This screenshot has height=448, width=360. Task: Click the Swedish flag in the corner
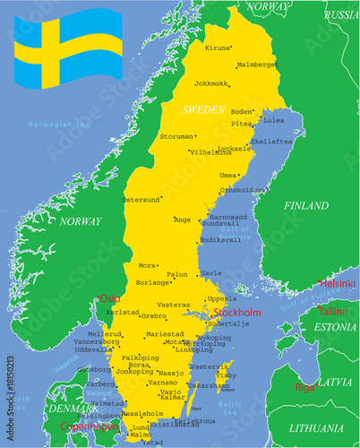tap(68, 50)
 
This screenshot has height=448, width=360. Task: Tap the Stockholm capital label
tap(237, 313)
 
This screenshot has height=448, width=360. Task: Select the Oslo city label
tap(109, 298)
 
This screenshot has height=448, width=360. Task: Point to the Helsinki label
tap(337, 283)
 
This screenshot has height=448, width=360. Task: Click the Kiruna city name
tap(217, 47)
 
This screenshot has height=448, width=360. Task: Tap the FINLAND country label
tap(306, 205)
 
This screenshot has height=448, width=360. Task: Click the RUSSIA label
tap(340, 15)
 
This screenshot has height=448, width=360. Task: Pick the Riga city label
tap(304, 387)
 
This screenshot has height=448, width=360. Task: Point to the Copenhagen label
tap(90, 426)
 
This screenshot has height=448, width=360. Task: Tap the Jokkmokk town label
tap(213, 82)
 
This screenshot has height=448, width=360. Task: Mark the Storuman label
tap(176, 137)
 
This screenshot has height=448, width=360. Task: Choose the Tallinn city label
tap(333, 311)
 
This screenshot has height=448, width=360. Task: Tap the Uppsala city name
tap(222, 298)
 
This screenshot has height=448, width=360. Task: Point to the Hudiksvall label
tap(221, 240)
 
